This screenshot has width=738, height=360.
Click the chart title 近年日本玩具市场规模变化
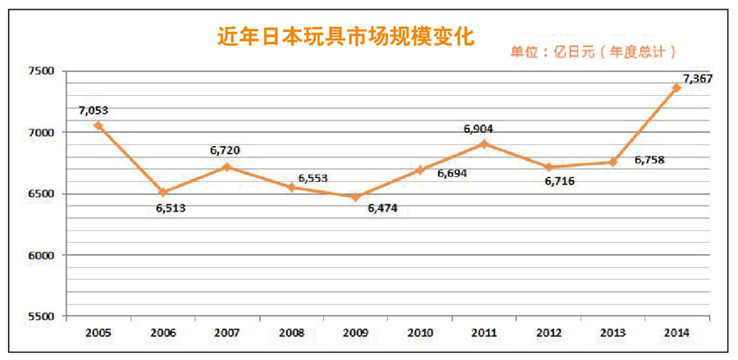345,37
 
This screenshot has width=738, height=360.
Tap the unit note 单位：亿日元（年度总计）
593,52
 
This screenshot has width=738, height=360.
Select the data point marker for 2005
98,125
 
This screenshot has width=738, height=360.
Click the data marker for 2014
676,88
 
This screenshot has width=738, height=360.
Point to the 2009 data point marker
355,197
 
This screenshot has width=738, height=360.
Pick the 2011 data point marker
484,144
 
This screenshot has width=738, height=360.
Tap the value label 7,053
93,110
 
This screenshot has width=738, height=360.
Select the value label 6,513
171,208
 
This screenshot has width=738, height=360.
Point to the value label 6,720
225,150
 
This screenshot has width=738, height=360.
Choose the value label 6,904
478,129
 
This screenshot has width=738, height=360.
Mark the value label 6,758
649,160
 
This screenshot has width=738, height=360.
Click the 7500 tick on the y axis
39,71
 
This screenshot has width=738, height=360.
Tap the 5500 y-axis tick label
39,317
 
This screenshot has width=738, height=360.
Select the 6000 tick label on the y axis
39,255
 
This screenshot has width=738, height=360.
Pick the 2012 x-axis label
548,334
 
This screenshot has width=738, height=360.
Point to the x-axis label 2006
162,334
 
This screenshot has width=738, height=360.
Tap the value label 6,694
453,174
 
